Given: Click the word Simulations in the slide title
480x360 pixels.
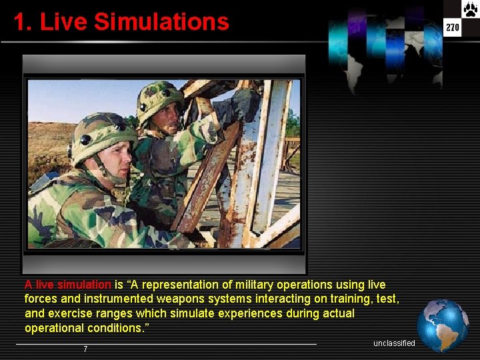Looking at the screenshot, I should pos(161,22).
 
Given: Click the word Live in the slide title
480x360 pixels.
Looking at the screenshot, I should pos(64,22).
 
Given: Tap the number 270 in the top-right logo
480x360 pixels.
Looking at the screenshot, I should pos(453,27).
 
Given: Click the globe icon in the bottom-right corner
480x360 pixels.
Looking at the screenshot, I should pos(442,325).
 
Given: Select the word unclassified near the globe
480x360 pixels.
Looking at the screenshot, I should pos(394,343).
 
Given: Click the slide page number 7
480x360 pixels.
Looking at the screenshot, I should pos(85,349).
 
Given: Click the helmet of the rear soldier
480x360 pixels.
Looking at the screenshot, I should pos(160,97).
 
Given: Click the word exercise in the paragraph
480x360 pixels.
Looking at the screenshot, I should pos(68,314).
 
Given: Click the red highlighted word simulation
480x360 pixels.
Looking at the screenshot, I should pos(83,285).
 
